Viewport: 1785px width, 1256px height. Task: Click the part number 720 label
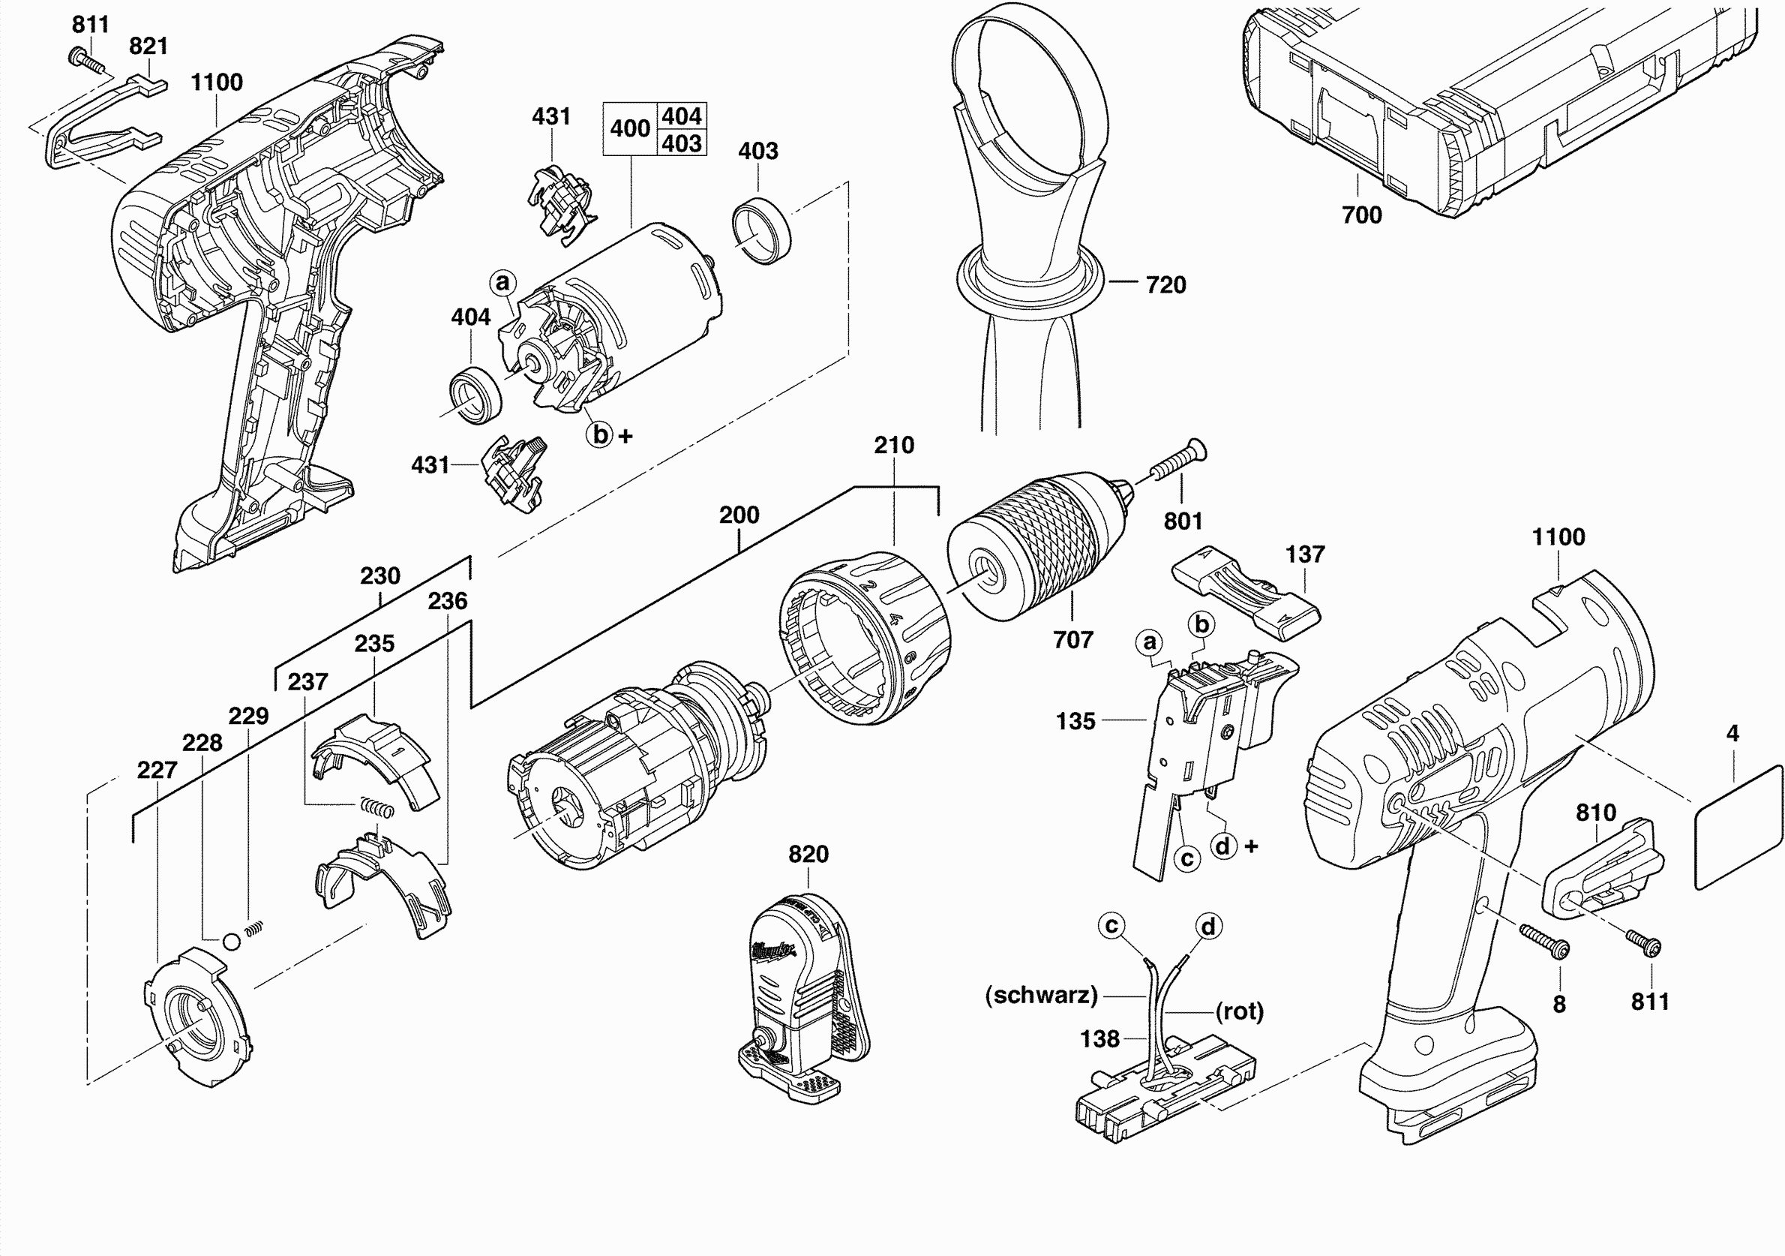pyautogui.click(x=1165, y=284)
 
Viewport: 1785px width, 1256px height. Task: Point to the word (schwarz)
pyautogui.click(x=1041, y=996)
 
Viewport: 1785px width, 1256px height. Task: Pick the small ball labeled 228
pyautogui.click(x=232, y=942)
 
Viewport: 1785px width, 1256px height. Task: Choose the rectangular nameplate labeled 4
pyautogui.click(x=1738, y=827)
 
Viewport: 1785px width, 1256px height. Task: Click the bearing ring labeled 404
pyautogui.click(x=475, y=397)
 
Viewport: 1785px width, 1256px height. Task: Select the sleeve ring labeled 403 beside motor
pyautogui.click(x=761, y=230)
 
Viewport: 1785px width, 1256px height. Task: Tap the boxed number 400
pyautogui.click(x=630, y=128)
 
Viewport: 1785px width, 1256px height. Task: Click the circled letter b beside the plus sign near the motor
pyautogui.click(x=600, y=434)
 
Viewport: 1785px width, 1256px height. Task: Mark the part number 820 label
pyautogui.click(x=808, y=854)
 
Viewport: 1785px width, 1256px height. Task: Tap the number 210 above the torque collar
pyautogui.click(x=893, y=446)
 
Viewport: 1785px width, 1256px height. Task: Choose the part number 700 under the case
pyautogui.click(x=1361, y=215)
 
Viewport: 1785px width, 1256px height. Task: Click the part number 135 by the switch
pyautogui.click(x=1075, y=721)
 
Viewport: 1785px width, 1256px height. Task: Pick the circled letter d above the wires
pyautogui.click(x=1207, y=927)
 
